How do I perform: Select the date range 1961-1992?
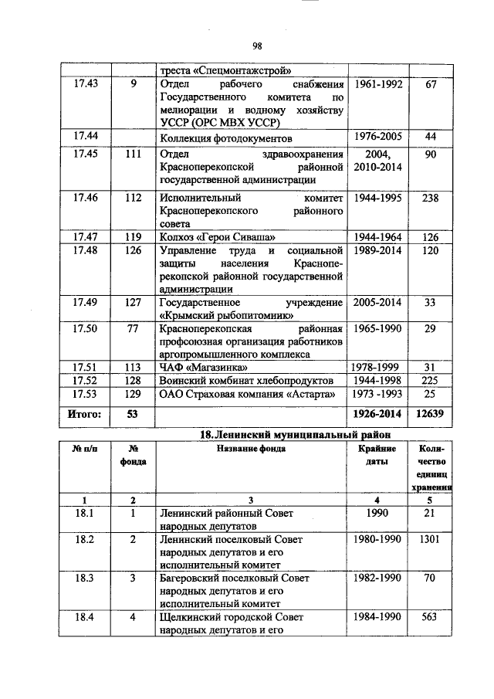click(x=377, y=84)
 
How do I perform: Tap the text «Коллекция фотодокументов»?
click(x=226, y=138)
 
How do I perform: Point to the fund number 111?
click(x=133, y=154)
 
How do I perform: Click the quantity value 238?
click(x=431, y=198)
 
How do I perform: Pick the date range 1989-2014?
click(x=377, y=251)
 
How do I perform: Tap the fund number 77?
click(x=133, y=330)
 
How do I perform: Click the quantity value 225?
click(x=431, y=382)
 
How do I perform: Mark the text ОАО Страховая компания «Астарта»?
click(x=248, y=395)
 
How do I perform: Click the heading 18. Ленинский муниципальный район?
click(x=290, y=436)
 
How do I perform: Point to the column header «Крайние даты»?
click(x=377, y=455)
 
